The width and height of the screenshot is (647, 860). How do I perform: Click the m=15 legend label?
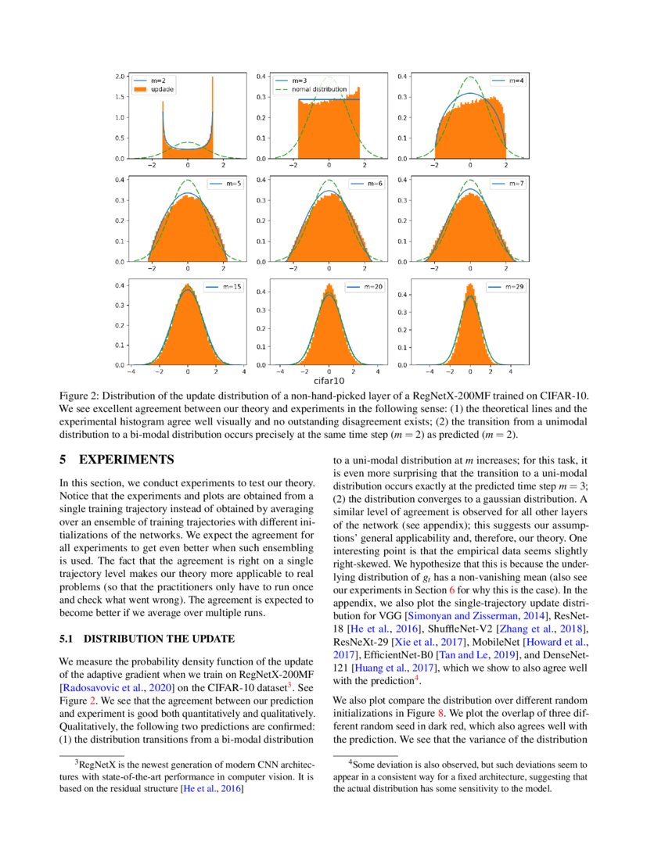click(232, 287)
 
